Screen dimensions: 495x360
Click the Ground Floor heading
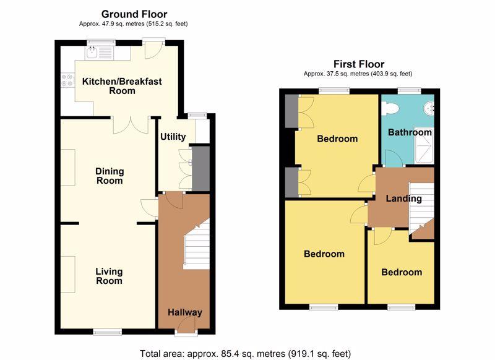click(x=134, y=14)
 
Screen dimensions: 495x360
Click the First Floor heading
click(x=359, y=64)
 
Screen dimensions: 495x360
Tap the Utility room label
click(x=173, y=137)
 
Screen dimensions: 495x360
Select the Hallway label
click(x=184, y=312)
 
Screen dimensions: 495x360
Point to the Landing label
click(x=404, y=199)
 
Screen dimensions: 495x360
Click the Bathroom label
click(x=410, y=132)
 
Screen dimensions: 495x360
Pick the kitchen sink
click(x=98, y=53)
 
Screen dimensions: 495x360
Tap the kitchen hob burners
click(x=67, y=80)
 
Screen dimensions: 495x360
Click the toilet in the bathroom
click(x=390, y=109)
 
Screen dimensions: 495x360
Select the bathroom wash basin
click(x=429, y=108)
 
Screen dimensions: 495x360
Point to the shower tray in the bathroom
click(x=424, y=145)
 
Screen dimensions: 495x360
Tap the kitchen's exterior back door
click(x=153, y=49)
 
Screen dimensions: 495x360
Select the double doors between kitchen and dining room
click(x=131, y=125)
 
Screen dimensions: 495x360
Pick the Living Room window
click(x=108, y=332)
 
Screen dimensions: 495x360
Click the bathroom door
click(x=394, y=158)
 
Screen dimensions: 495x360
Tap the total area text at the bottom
click(x=245, y=353)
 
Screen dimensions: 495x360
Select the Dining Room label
click(x=110, y=176)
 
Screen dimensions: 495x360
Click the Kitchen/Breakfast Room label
click(x=122, y=86)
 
